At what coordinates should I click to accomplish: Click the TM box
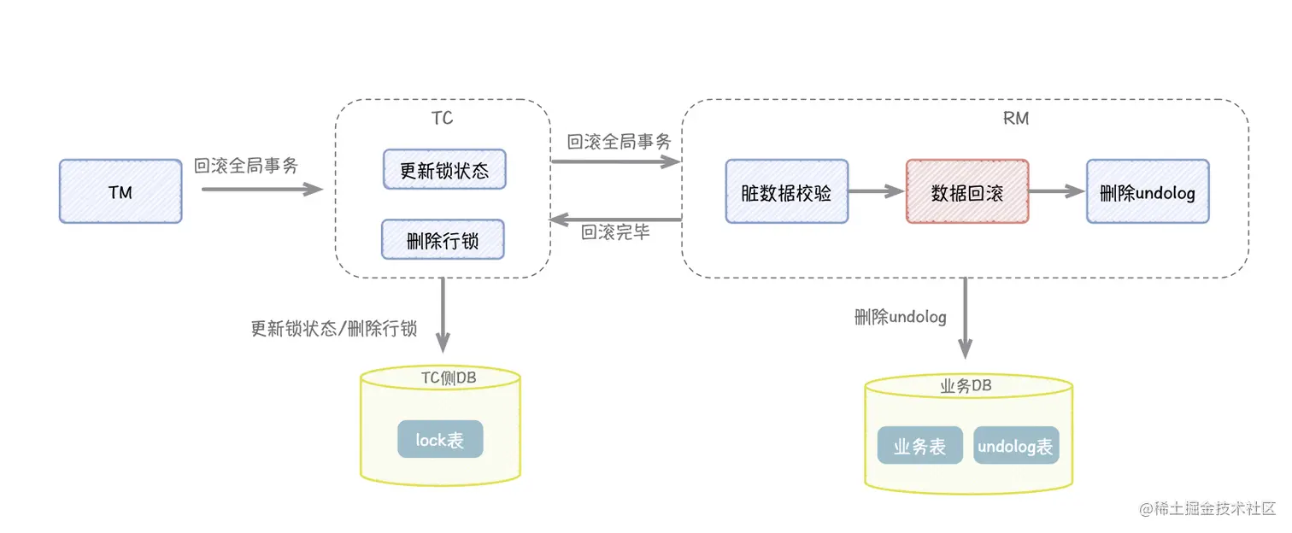120,191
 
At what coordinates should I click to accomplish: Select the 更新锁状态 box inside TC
444,169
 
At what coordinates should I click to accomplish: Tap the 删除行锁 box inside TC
443,240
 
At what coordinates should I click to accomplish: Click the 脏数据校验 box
786,191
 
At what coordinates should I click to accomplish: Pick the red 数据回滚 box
966,191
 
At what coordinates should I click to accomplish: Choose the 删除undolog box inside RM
1148,191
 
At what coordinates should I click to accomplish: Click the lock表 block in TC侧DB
440,439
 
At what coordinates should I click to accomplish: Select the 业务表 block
919,446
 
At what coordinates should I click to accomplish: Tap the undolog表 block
1016,446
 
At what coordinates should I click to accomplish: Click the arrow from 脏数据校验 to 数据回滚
877,191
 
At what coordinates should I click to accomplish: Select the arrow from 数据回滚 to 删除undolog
1057,191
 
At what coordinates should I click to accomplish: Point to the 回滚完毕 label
615,231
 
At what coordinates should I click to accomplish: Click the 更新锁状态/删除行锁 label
333,328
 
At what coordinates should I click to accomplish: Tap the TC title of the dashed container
442,118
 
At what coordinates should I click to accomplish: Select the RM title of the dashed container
1016,118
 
